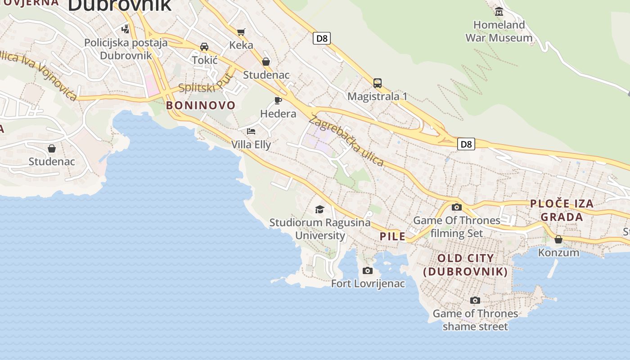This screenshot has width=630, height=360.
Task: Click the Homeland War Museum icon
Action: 499,12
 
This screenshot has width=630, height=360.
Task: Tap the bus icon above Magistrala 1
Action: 377,83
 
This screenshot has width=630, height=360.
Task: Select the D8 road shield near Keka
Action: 322,38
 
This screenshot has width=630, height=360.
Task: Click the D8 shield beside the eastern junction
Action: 466,144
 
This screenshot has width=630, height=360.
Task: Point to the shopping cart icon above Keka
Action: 241,32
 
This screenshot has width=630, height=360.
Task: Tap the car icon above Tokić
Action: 204,47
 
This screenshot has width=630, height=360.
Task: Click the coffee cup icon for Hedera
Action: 278,100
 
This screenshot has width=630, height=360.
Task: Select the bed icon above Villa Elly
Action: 251,131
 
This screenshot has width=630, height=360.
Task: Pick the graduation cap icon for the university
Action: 319,209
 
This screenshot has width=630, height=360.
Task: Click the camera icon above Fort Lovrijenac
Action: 368,270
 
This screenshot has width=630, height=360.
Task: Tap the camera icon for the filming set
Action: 457,207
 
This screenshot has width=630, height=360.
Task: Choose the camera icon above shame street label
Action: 475,300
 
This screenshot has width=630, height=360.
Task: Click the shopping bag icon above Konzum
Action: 558,239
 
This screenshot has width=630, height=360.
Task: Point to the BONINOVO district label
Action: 201,105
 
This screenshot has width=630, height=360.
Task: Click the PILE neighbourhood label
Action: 392,236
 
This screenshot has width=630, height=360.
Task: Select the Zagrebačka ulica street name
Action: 346,141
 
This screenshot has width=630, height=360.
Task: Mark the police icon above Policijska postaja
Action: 126,29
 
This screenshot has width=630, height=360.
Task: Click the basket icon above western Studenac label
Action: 52,148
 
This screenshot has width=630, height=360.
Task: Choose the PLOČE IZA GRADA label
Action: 562,210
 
